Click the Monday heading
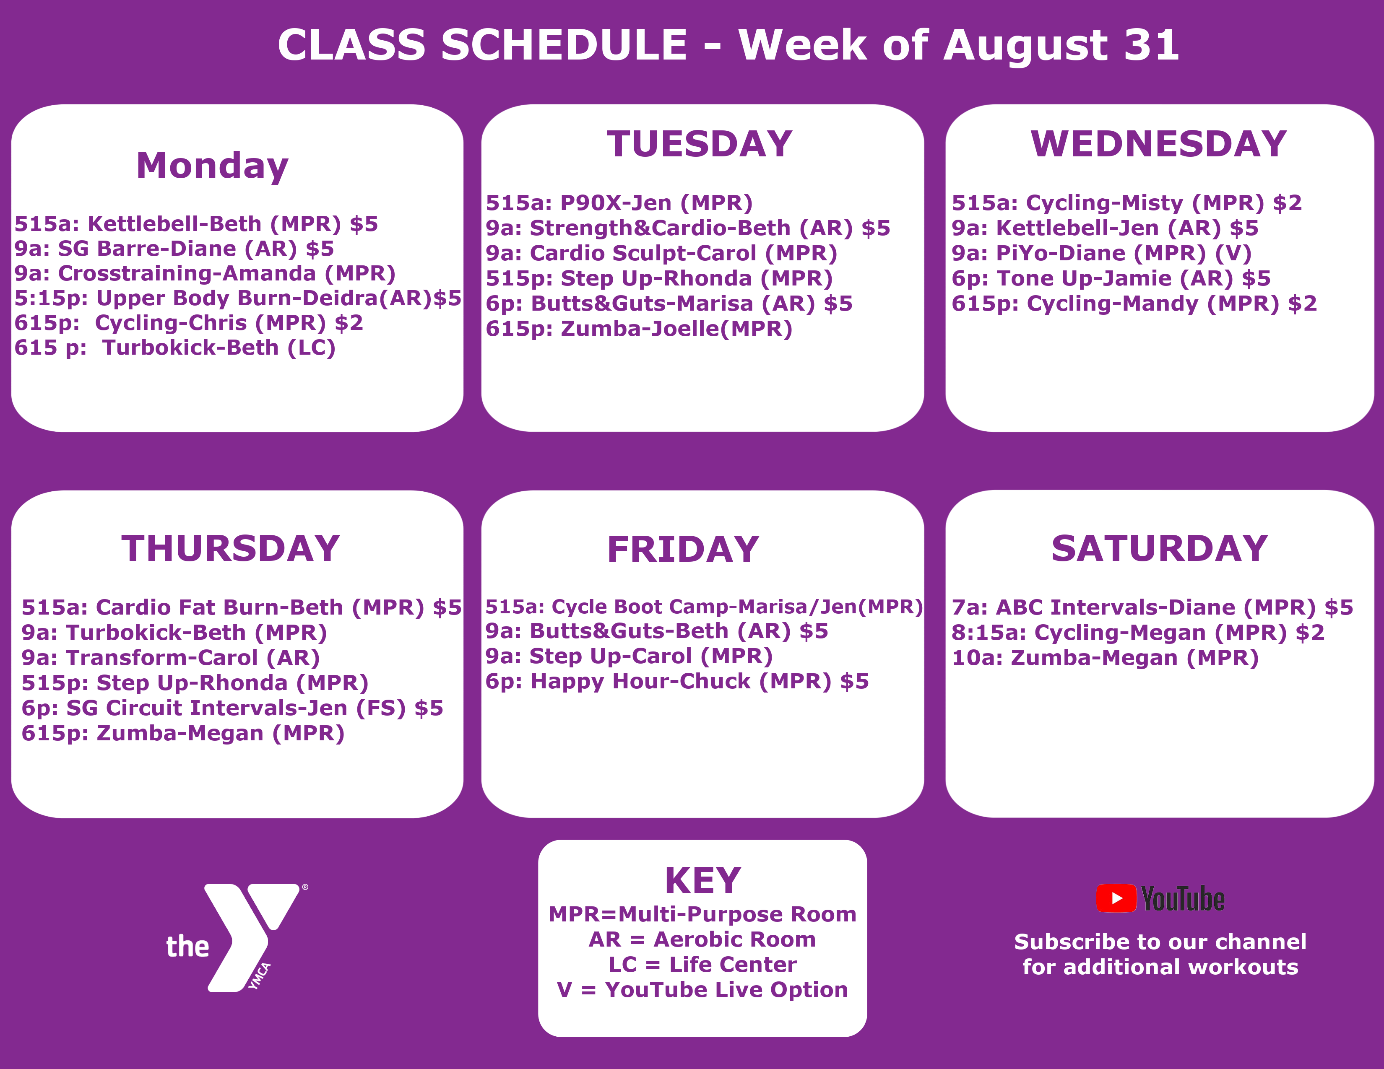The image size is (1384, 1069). point(212,166)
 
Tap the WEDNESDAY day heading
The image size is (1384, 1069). point(1158,144)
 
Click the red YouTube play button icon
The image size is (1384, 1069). point(1116,898)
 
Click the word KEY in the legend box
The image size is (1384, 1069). point(702,880)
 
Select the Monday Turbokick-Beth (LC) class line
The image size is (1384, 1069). point(175,348)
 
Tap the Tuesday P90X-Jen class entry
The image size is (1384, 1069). point(619,202)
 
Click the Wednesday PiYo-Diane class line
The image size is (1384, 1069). point(1101,253)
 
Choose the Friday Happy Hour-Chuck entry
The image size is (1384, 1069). point(677,681)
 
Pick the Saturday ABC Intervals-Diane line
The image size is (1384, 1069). point(1152,607)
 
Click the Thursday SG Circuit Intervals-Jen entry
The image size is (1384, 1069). point(232,708)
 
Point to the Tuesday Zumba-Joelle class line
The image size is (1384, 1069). point(639,329)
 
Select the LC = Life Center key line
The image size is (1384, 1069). point(702,965)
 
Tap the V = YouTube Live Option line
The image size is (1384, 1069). point(702,990)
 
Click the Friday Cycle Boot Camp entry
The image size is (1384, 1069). point(703,607)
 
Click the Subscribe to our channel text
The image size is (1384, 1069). point(1160,942)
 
